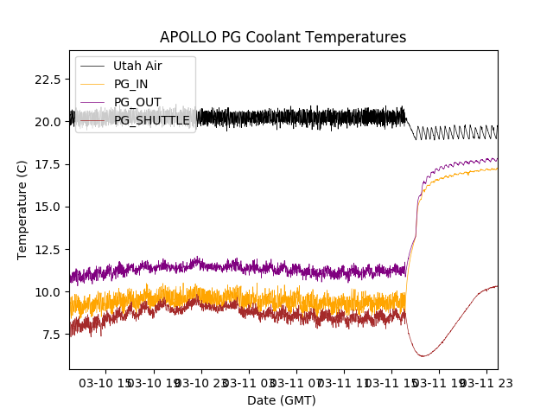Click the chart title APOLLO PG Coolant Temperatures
pyautogui.click(x=283, y=37)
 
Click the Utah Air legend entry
pyautogui.click(x=137, y=66)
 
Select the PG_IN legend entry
pyautogui.click(x=132, y=84)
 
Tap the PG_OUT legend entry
pyautogui.click(x=137, y=102)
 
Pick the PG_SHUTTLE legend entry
pyautogui.click(x=152, y=120)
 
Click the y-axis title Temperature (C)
pyautogui.click(x=22, y=209)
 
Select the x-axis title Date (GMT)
pyautogui.click(x=282, y=400)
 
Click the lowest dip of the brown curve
pyautogui.click(x=422, y=355)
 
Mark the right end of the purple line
pyautogui.click(x=497, y=159)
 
